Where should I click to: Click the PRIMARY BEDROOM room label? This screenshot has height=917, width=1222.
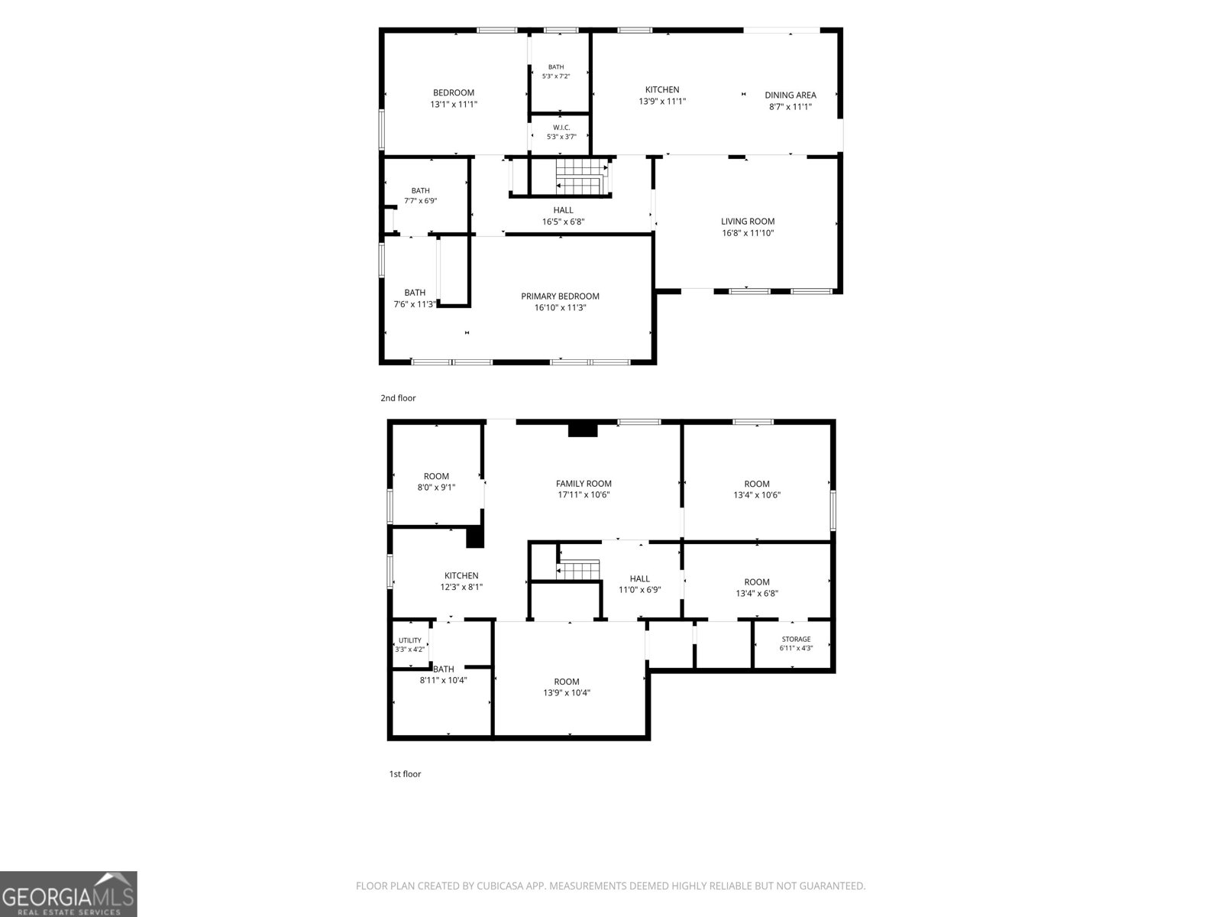pos(560,296)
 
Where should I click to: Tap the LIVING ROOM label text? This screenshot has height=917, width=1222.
pos(748,222)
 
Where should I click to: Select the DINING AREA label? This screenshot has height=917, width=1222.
pos(790,96)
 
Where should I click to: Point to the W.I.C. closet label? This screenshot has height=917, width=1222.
pos(561,128)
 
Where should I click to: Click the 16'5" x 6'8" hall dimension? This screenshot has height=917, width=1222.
pos(564,222)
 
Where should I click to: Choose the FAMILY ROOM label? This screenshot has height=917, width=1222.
pos(584,484)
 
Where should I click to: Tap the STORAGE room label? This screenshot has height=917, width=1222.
pos(796,639)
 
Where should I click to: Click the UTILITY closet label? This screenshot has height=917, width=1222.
pos(409,640)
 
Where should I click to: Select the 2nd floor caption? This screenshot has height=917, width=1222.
pos(398,398)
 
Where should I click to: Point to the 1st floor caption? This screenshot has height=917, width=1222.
pos(405,774)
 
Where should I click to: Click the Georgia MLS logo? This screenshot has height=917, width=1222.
pos(69,894)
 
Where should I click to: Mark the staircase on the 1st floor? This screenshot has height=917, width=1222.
pos(578,569)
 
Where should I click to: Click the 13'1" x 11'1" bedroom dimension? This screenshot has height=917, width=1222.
pos(453,104)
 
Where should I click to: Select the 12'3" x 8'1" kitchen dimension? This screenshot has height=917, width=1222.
pos(461,587)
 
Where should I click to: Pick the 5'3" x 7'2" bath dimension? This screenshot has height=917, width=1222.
pos(555,76)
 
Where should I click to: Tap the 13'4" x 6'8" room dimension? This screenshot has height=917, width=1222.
pos(757,594)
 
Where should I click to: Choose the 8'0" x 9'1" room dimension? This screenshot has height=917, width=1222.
pos(436,488)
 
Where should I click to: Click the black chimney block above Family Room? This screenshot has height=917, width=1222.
pos(582,429)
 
